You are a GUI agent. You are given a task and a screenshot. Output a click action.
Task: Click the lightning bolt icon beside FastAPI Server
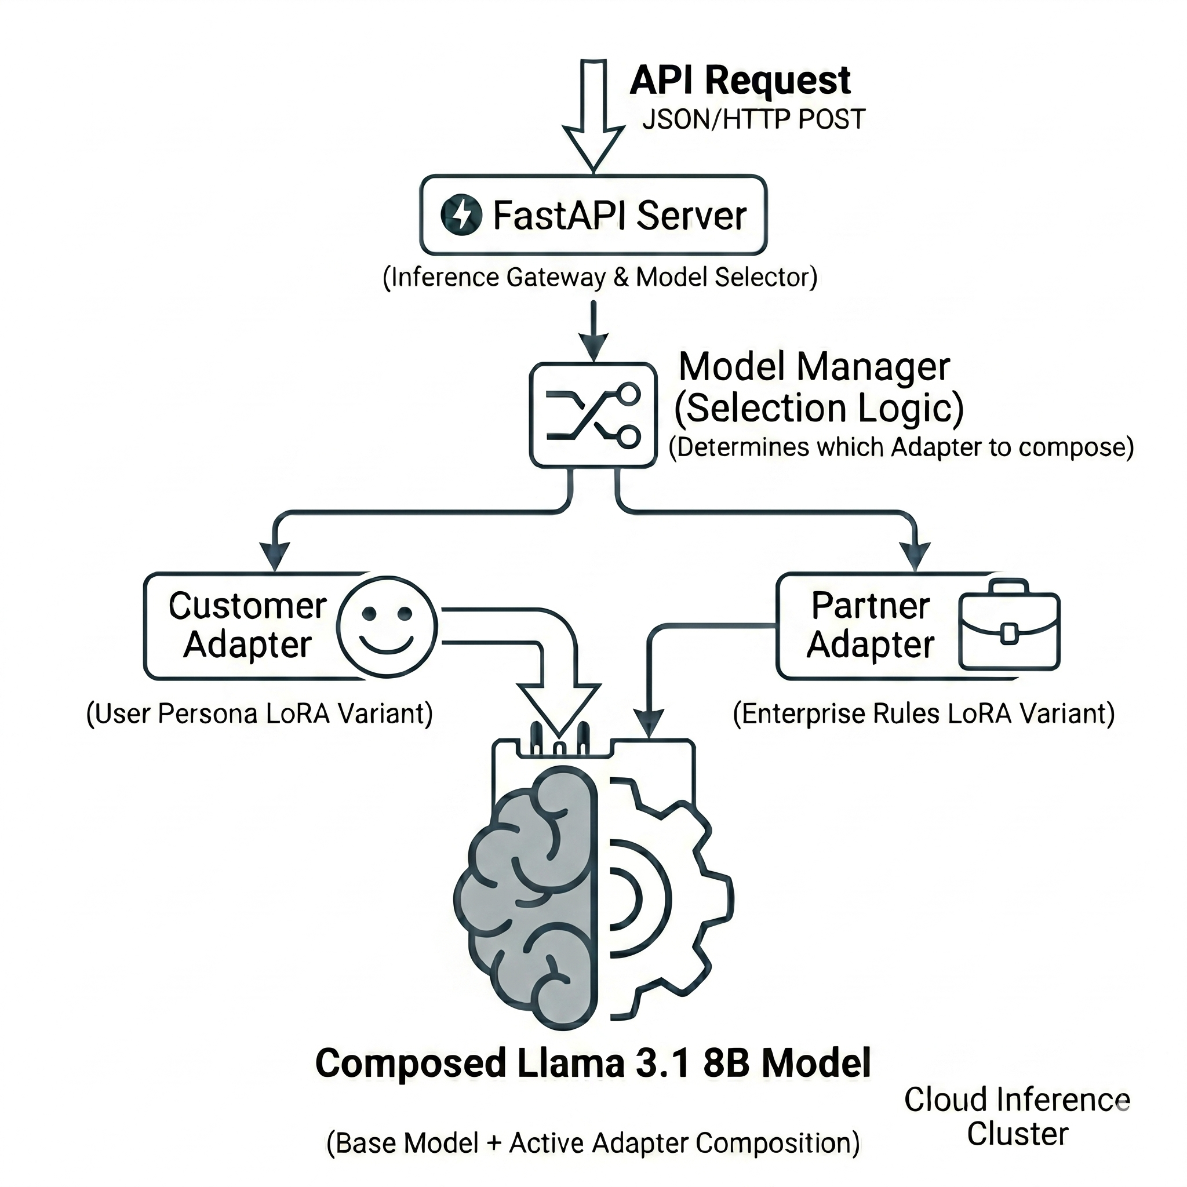point(461,215)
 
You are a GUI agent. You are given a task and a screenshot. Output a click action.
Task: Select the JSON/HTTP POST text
point(753,119)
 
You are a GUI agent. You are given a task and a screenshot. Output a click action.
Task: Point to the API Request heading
point(740,81)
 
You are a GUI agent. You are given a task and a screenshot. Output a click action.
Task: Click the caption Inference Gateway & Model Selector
point(600,278)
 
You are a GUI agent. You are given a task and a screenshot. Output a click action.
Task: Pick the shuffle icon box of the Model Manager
point(593,415)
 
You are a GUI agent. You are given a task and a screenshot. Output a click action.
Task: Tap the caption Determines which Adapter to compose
point(900,447)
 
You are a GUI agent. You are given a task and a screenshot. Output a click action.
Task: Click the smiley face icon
point(387,626)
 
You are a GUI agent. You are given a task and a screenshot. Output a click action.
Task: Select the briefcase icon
point(1009,625)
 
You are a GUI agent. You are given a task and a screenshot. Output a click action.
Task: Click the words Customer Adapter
point(247,625)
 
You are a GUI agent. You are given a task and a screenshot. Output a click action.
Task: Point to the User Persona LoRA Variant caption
point(259,714)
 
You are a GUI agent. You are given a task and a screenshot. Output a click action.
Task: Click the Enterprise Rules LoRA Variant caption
point(923,714)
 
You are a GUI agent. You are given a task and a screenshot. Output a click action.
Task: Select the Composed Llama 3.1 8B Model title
point(593,1064)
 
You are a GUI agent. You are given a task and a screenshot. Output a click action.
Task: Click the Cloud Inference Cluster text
point(1017,1116)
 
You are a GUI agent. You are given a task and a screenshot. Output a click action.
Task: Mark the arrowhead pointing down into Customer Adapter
point(274,556)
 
